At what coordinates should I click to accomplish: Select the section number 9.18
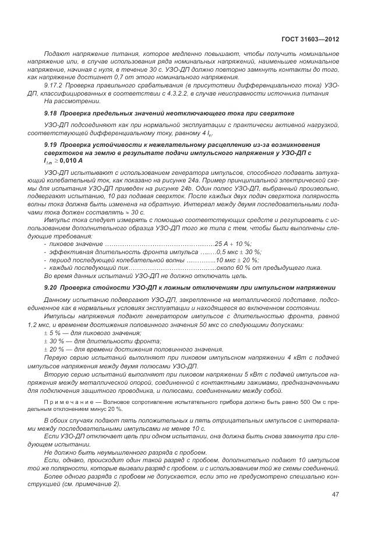point(51,112)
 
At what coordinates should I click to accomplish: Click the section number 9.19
point(51,143)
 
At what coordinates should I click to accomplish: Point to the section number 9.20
point(51,287)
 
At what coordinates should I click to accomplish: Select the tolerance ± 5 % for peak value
point(53,332)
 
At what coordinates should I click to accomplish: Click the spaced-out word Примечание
point(65,403)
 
